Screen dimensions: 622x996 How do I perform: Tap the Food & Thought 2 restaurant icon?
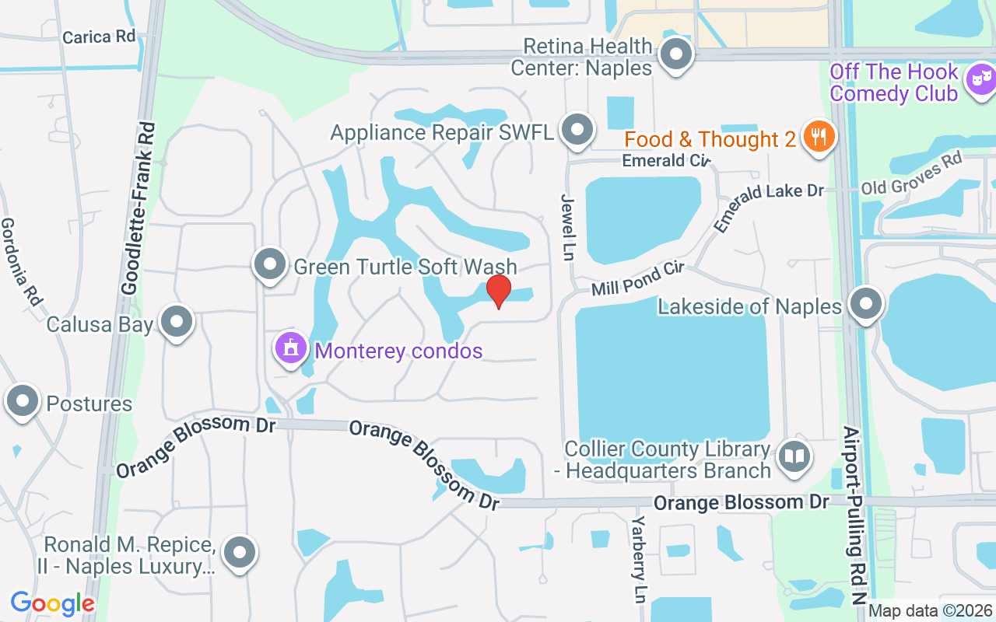(x=819, y=138)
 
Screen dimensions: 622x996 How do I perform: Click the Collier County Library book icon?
(x=793, y=456)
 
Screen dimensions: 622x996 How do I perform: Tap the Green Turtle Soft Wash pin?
(x=270, y=264)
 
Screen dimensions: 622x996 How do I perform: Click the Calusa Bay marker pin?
(x=177, y=321)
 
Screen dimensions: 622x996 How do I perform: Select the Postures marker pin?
(x=23, y=402)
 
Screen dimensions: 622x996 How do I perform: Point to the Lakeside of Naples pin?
(x=864, y=304)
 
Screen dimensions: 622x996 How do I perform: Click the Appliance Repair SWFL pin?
(x=577, y=130)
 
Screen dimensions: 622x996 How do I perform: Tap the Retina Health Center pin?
(x=675, y=54)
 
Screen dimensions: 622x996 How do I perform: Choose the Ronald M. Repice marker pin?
(x=239, y=553)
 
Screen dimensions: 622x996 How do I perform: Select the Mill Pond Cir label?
(x=637, y=278)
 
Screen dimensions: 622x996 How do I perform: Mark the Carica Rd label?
(x=98, y=37)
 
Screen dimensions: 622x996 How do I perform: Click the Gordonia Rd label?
(x=21, y=260)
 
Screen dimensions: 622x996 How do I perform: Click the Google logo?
(x=52, y=603)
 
